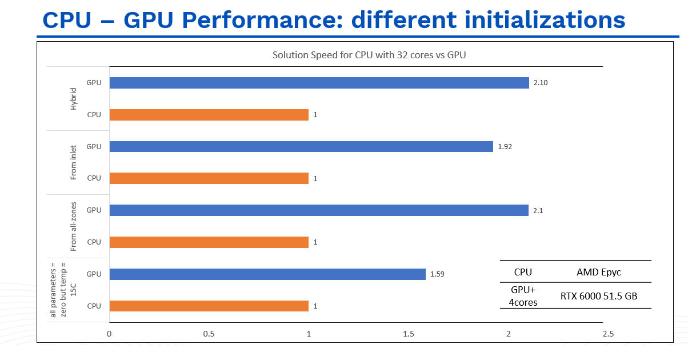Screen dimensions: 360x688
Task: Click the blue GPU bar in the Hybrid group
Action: coord(319,83)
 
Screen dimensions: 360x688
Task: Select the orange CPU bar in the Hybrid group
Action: coord(209,115)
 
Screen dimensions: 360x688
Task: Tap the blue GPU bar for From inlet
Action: coord(301,147)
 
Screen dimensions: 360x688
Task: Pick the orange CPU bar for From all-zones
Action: coord(209,242)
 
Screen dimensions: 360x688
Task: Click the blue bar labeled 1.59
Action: coord(267,274)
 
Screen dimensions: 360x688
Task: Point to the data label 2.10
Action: coord(541,83)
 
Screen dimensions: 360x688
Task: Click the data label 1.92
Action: coord(505,147)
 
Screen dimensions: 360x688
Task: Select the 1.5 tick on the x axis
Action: coord(408,334)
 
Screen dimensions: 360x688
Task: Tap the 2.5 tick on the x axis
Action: coord(607,334)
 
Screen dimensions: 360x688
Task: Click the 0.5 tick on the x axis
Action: coord(209,334)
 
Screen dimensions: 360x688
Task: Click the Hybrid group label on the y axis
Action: coord(73,99)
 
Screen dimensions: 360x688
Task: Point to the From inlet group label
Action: coord(73,163)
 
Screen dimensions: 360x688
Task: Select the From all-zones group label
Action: coord(73,226)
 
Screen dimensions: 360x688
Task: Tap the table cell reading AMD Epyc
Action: coord(598,272)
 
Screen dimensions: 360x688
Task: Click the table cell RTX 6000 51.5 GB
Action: coord(598,296)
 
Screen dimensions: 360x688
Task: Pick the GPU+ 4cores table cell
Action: coord(523,296)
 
